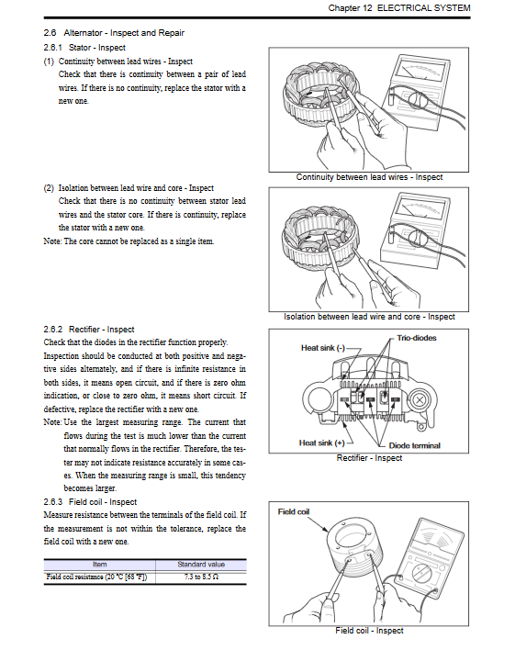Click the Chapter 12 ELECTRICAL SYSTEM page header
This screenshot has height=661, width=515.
point(399,8)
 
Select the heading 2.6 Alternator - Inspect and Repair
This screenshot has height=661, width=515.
point(114,33)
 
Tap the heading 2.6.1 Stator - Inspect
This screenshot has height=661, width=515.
point(84,48)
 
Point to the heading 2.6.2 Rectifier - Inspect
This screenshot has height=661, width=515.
point(88,330)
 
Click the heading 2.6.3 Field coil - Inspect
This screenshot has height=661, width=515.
point(90,501)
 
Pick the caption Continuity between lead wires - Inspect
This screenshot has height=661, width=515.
point(369,177)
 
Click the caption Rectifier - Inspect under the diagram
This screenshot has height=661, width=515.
point(369,458)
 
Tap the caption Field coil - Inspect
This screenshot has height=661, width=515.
point(369,630)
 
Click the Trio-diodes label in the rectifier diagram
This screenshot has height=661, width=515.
point(417,338)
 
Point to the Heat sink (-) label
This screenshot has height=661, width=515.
point(323,348)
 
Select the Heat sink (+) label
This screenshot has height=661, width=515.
point(321,443)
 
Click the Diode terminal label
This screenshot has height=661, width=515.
point(414,445)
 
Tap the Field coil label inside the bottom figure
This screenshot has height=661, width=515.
point(294,511)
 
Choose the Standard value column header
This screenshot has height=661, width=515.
point(201,565)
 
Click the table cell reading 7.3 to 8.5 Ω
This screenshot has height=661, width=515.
point(201,577)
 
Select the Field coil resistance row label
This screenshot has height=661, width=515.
point(96,577)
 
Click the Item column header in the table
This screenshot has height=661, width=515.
point(100,565)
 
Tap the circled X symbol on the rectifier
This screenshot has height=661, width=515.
point(419,399)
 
